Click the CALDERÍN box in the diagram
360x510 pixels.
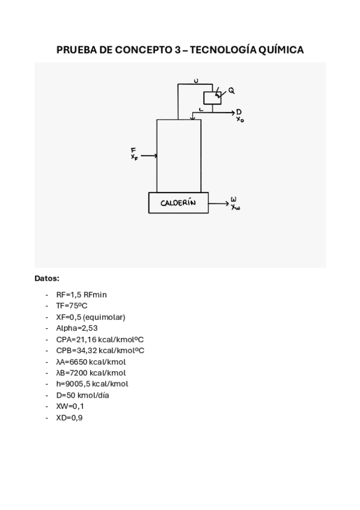(x=178, y=203)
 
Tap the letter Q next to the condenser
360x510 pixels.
(x=231, y=91)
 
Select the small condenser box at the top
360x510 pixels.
(x=212, y=97)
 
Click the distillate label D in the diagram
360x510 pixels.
(x=239, y=112)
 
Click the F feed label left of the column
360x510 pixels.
(x=133, y=150)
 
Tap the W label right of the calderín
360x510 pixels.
(x=234, y=199)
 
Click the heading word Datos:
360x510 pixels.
(x=47, y=278)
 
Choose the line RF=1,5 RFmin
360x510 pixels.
(x=81, y=295)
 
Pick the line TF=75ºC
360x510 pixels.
(x=72, y=306)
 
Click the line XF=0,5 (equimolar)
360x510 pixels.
(x=91, y=317)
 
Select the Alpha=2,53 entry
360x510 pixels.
(x=77, y=328)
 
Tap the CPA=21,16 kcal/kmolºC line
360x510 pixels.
(x=100, y=339)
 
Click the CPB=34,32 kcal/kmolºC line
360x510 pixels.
(x=100, y=350)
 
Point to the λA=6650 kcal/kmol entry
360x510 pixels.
(x=91, y=361)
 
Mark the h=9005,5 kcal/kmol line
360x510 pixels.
(x=92, y=384)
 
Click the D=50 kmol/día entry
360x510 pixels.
(x=82, y=395)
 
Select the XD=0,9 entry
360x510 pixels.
(x=69, y=417)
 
